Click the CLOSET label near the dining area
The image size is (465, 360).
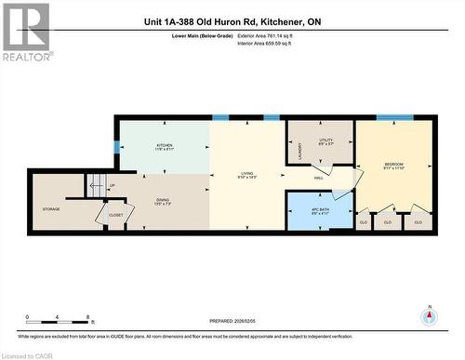(x=116, y=215)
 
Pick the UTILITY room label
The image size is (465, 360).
(x=325, y=140)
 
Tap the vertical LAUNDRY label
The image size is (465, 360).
(x=299, y=150)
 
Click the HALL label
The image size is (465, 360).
(x=318, y=179)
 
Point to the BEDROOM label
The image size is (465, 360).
(x=394, y=166)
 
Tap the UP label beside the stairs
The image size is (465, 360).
(x=112, y=185)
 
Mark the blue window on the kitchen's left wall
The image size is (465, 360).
(x=116, y=146)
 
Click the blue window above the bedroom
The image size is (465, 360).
(x=389, y=117)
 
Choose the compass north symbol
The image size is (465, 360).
(x=429, y=317)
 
